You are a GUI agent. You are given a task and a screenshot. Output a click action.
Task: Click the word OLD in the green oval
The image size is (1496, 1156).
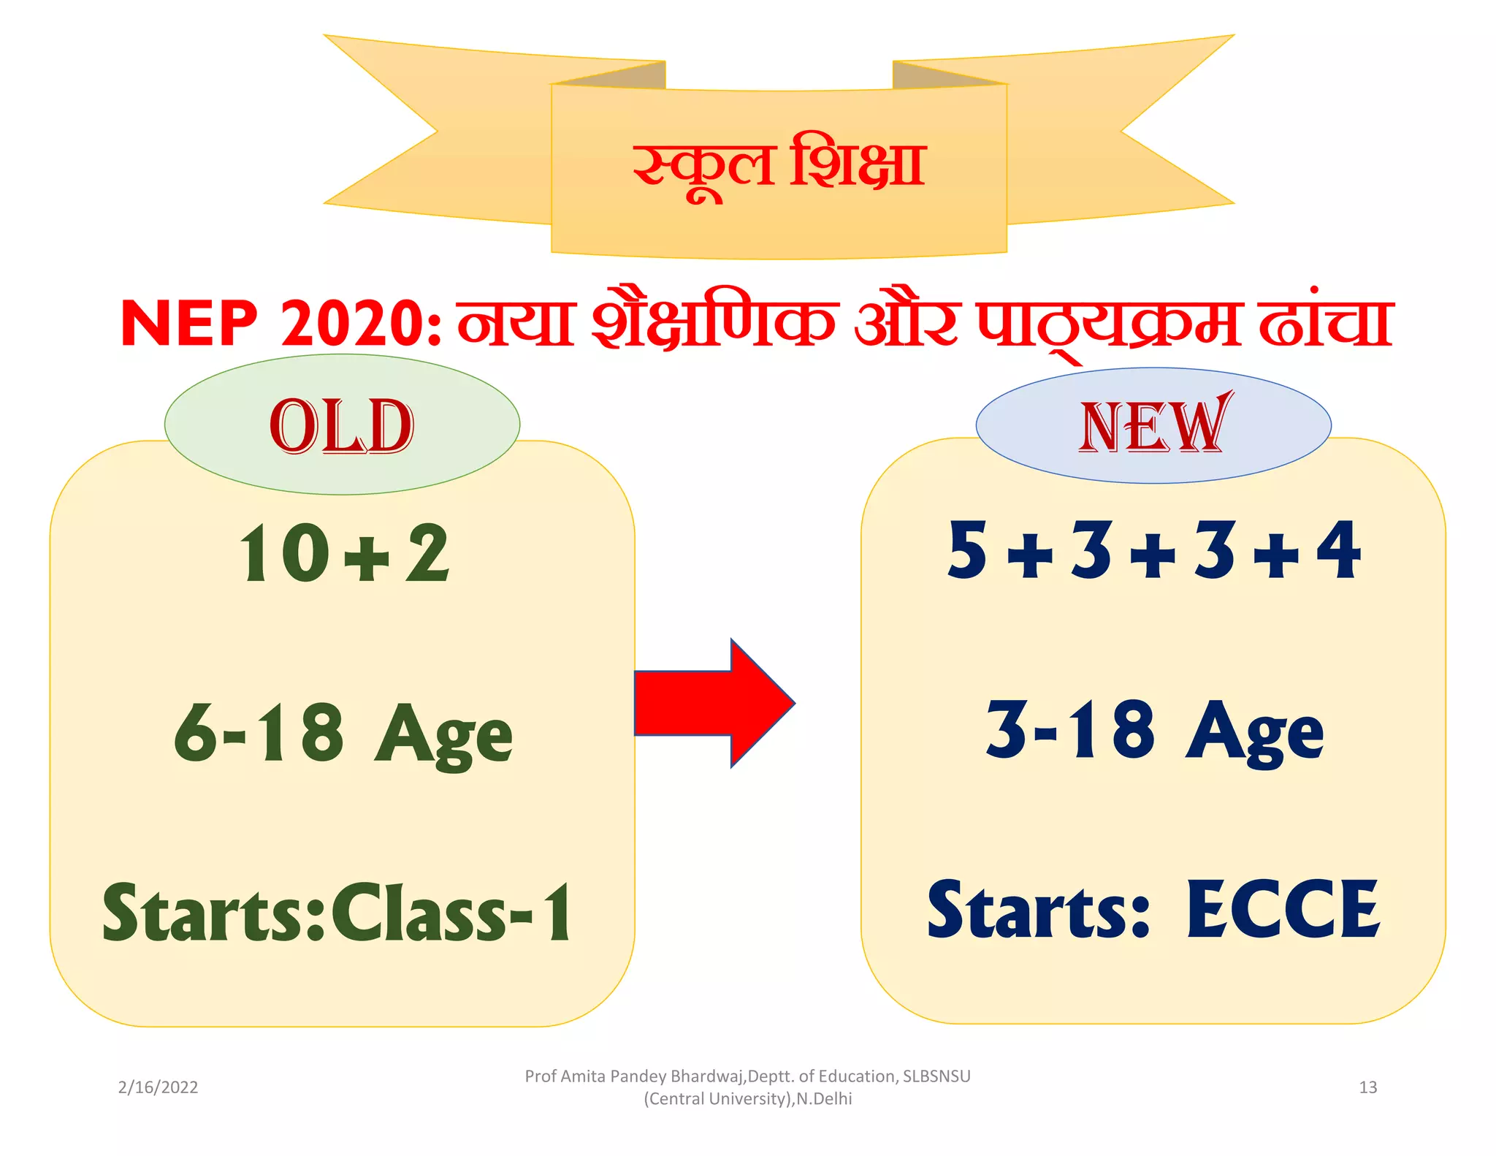[342, 427]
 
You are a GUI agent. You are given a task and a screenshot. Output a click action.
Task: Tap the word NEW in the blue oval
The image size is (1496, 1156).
[1153, 426]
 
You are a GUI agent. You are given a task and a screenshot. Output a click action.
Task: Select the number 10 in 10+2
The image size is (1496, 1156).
[286, 553]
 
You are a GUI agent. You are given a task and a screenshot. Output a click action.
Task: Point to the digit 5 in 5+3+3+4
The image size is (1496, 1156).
[968, 550]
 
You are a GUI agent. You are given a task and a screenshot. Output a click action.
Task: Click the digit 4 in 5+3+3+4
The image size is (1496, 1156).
[1340, 550]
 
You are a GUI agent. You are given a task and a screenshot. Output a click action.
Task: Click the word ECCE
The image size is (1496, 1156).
[1283, 910]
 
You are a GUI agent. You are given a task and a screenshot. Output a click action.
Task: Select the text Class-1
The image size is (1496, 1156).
[453, 913]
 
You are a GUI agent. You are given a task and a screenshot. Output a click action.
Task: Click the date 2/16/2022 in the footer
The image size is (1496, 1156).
[158, 1087]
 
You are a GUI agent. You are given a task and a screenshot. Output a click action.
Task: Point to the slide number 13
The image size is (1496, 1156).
[1367, 1087]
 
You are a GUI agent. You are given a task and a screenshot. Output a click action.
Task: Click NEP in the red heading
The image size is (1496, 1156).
[189, 324]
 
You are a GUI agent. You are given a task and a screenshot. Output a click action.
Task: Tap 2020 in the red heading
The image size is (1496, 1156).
[354, 324]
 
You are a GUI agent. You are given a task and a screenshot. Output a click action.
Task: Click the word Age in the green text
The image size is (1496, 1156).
[443, 734]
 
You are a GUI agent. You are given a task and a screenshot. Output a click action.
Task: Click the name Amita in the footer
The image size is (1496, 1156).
[583, 1076]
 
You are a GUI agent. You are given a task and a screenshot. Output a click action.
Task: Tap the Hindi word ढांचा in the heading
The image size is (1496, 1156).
[1326, 324]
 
